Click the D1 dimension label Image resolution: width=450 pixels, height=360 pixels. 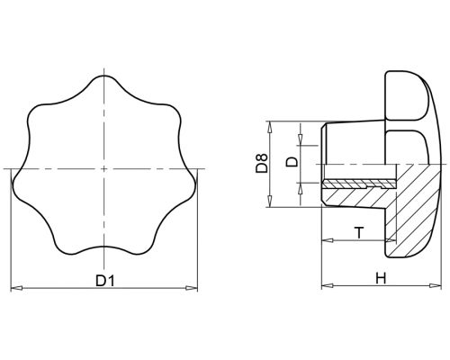[105, 281]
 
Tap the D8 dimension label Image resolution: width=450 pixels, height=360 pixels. [261, 163]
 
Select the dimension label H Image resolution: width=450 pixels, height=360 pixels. [381, 278]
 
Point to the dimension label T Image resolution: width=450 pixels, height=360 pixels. [359, 233]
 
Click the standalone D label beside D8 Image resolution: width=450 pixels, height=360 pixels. [292, 161]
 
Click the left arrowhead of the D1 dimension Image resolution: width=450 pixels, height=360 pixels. [16, 288]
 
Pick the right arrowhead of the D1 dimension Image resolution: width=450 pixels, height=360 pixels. [192, 288]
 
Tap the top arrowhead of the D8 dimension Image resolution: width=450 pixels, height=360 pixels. [270, 127]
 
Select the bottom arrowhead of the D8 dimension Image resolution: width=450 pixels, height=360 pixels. [270, 202]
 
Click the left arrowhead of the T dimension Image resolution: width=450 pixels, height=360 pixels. [327, 240]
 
